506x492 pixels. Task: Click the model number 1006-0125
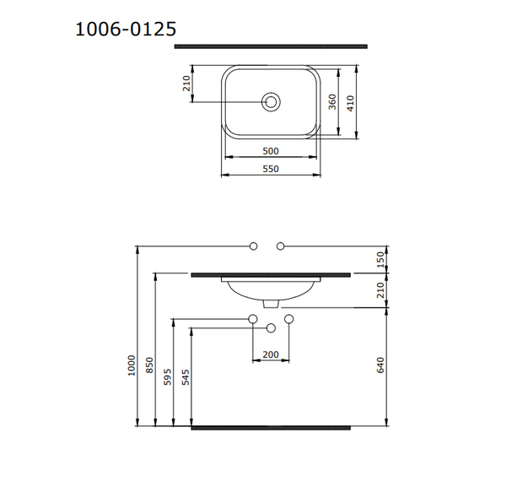coord(126,29)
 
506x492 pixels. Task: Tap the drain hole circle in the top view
coord(271,102)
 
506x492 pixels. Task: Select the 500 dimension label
coord(271,151)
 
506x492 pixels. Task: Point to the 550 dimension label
coord(271,170)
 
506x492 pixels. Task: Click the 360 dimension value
coord(332,102)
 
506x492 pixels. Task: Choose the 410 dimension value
coord(353,102)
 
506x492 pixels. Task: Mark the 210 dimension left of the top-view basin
coord(187,84)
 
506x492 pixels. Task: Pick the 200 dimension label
coord(271,354)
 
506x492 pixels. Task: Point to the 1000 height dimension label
coord(132,365)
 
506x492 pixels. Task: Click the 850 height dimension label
coord(151,365)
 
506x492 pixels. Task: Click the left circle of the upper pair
coord(253,246)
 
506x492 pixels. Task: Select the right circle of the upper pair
coord(282,246)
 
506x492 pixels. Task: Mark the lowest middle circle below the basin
coord(271,327)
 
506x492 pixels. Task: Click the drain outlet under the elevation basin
coord(270,303)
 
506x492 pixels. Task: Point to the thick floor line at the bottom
coord(271,428)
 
